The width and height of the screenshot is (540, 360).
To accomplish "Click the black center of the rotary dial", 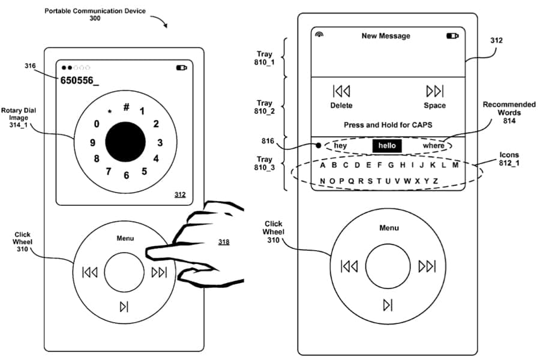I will [x=125, y=142].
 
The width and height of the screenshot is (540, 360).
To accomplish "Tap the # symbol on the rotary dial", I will [x=127, y=107].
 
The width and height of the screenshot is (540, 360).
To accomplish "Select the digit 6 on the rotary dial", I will [x=126, y=176].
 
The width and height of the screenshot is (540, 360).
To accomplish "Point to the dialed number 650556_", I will [x=79, y=80].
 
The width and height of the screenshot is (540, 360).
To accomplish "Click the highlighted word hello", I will [x=387, y=146].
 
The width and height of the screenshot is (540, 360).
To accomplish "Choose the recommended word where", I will [x=434, y=146].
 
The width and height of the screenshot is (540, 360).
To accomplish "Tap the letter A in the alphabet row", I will [x=323, y=165].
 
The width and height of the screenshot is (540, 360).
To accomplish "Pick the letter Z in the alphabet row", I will [x=435, y=181].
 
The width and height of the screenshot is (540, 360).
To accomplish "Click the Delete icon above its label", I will [x=341, y=91].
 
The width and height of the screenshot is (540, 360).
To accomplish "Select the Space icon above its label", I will [x=434, y=91].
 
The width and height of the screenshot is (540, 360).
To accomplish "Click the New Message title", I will [x=386, y=36].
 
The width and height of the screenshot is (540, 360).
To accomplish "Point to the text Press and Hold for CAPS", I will [x=388, y=125].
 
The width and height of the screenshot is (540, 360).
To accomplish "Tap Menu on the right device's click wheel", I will [x=389, y=228].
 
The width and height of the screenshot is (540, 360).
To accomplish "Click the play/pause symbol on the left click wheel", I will [x=124, y=307].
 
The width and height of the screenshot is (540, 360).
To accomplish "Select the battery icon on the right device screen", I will [x=452, y=36].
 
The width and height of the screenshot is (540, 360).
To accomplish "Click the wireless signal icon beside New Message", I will [x=319, y=35].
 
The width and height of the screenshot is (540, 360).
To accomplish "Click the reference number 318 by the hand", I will [x=224, y=242].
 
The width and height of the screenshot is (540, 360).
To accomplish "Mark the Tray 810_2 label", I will [x=264, y=107].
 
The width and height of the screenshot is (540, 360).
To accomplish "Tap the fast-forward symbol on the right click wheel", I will [x=427, y=266].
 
